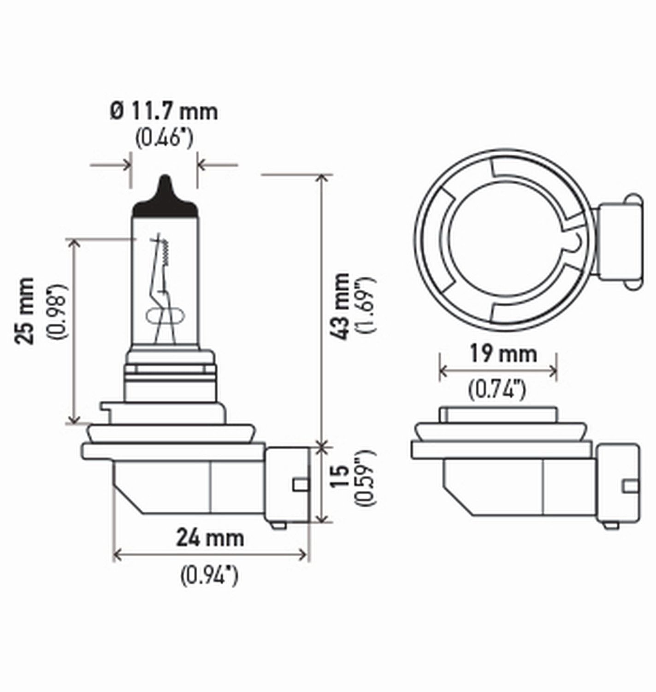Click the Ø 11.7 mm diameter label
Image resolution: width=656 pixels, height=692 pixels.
pos(164,112)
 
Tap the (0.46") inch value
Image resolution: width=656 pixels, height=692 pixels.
pos(164,138)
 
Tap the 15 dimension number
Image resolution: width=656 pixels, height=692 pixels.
pos(341,477)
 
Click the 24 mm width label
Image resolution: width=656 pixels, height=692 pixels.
pos(210,538)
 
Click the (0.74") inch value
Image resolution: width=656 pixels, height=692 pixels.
pos(497,391)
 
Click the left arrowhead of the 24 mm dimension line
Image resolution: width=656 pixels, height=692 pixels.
pos(117,554)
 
